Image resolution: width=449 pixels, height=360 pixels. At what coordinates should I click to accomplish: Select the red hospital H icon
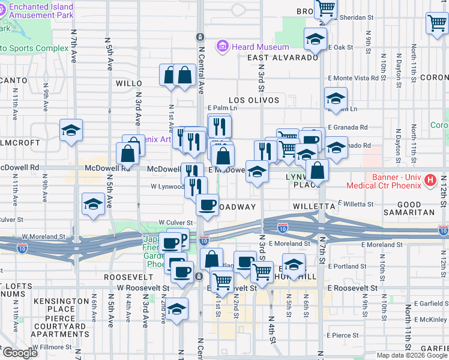tap(430, 180)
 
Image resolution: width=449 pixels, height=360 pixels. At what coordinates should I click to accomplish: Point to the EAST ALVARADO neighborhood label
tap(282, 58)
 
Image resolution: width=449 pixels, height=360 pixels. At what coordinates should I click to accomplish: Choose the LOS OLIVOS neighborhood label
tap(254, 100)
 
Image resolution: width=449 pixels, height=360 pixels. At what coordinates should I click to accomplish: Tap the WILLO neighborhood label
tap(128, 83)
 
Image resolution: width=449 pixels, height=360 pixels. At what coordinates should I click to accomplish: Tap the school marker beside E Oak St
tap(315, 40)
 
